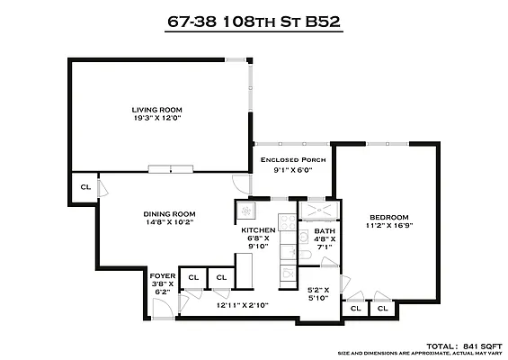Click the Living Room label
(156, 110)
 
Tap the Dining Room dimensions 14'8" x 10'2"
(169, 222)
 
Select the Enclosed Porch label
(293, 159)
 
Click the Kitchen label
(258, 230)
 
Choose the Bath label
(325, 231)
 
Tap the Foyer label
(163, 276)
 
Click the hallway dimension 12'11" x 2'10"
(243, 305)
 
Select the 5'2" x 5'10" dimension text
(318, 293)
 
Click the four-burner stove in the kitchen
(288, 222)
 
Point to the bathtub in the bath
(319, 211)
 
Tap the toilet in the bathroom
(306, 256)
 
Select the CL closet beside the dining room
(85, 187)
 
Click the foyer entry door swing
(163, 308)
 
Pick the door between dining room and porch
(242, 184)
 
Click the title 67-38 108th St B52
(254, 22)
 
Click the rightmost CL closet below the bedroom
(383, 309)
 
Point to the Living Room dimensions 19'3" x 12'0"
(156, 118)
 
